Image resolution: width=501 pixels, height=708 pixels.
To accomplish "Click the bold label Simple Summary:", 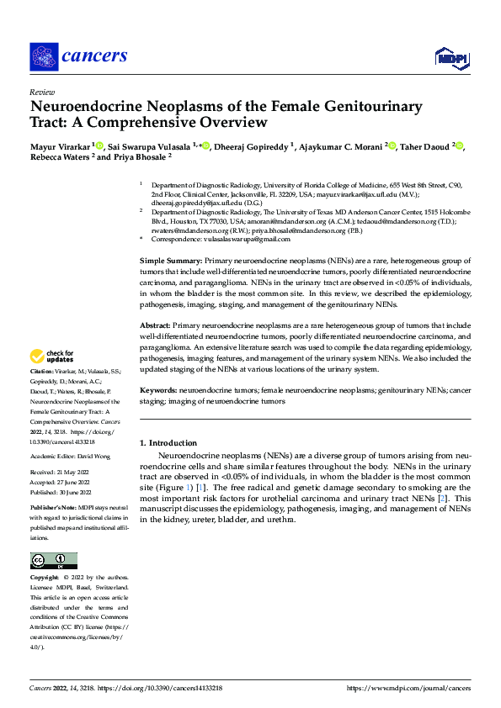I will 170,262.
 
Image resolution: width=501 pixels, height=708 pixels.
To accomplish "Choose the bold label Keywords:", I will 158,391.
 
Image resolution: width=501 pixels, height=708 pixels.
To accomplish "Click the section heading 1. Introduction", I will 168,443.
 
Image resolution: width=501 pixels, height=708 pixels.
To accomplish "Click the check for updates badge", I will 52,357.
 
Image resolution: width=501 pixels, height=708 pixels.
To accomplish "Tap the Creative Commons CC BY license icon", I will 54,560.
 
